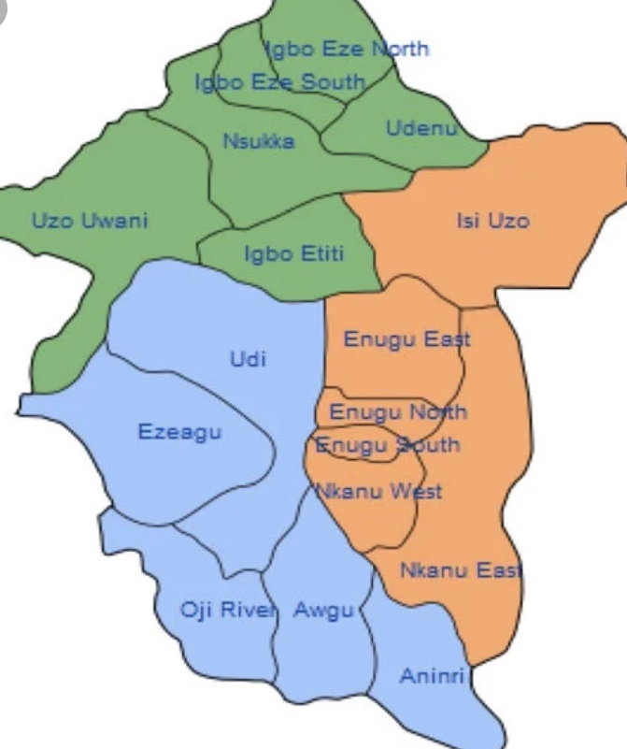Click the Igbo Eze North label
click(x=346, y=48)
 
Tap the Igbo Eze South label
click(x=279, y=82)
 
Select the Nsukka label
click(x=259, y=141)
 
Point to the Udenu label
click(x=421, y=128)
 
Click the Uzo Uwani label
click(x=90, y=221)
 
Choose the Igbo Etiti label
click(x=293, y=253)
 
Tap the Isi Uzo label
click(x=492, y=221)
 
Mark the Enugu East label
click(x=406, y=338)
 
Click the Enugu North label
click(x=398, y=412)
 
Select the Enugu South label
click(x=387, y=444)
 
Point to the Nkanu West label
click(x=378, y=491)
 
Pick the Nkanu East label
click(x=461, y=569)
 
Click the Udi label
click(x=248, y=358)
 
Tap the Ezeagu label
click(x=179, y=431)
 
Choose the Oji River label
click(x=229, y=611)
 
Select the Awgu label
click(x=323, y=611)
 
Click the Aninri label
click(x=432, y=675)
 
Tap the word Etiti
click(x=320, y=253)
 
